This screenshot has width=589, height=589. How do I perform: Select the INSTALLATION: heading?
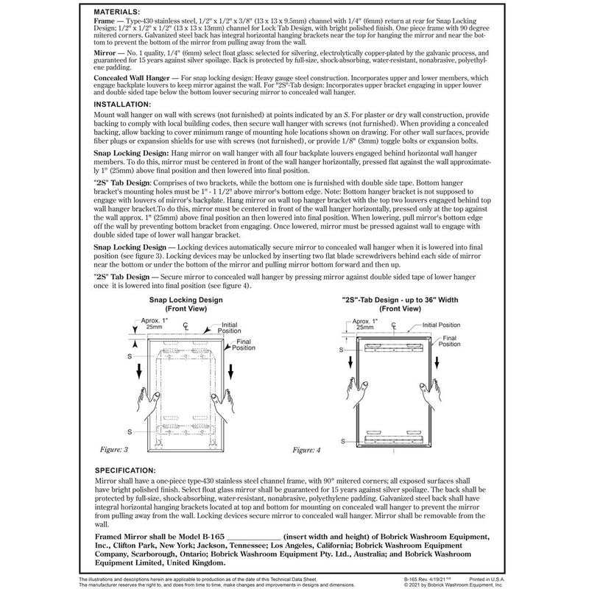point(125,105)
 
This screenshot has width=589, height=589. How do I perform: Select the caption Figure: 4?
point(308,448)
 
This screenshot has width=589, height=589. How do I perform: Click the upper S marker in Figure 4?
point(341,350)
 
